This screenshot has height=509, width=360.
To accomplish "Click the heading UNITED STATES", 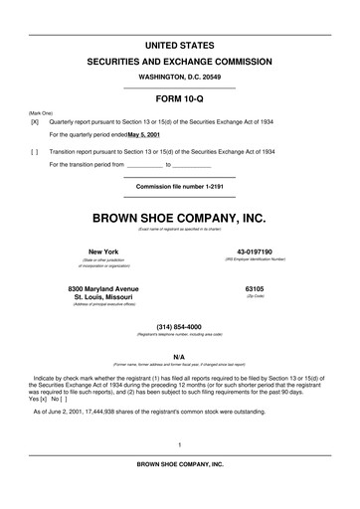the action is pyautogui.click(x=180, y=46).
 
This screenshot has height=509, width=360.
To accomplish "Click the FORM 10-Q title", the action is pyautogui.click(x=180, y=99).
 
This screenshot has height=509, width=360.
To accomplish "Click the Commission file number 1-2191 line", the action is pyautogui.click(x=180, y=186).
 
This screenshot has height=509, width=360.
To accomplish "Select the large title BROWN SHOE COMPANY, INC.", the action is pyautogui.click(x=180, y=216).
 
